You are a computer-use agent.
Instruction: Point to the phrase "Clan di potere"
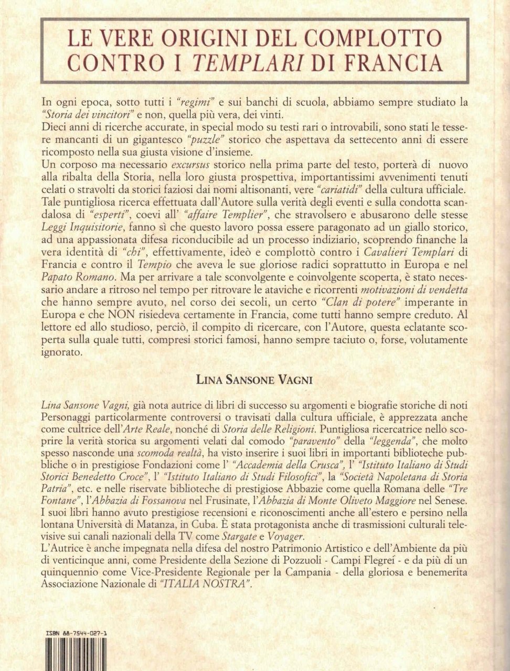coord(340,304)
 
